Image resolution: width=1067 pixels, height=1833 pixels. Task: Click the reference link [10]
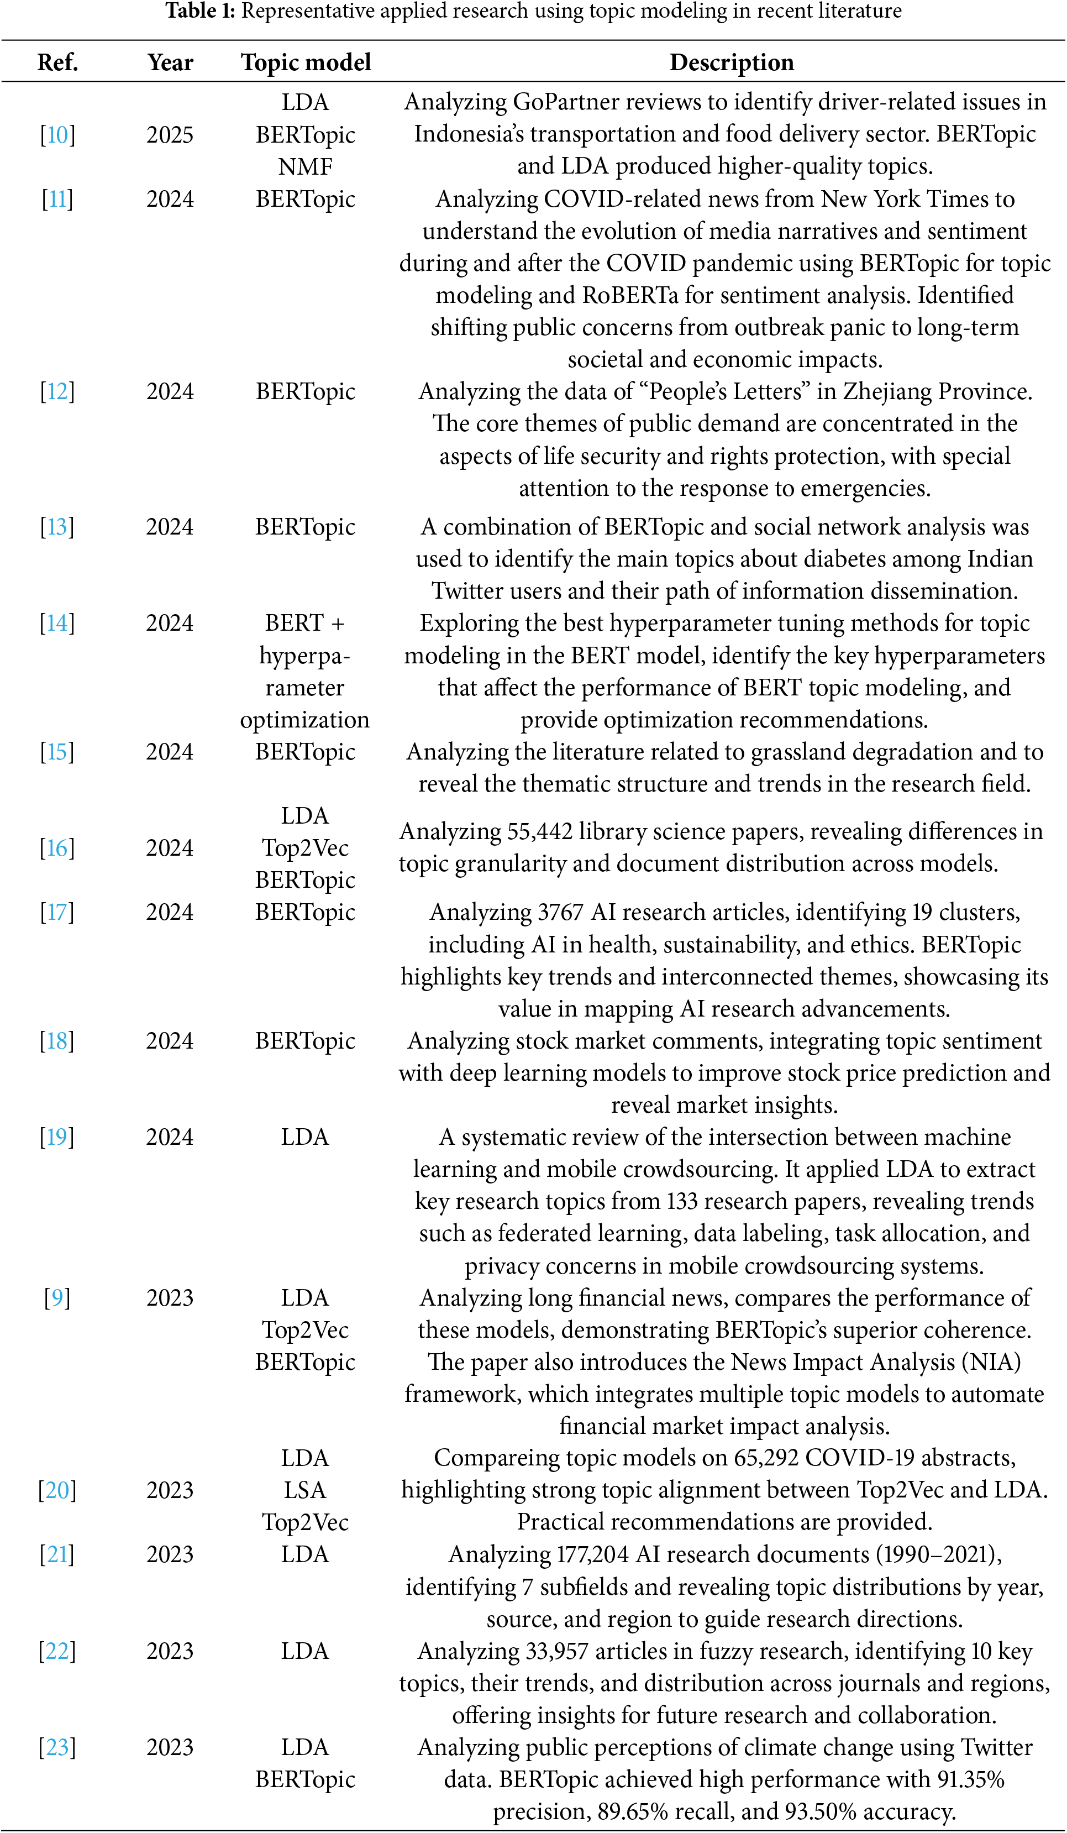pos(57,134)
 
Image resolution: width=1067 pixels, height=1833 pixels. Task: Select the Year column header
pos(170,62)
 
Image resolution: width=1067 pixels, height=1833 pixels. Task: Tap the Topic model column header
pos(306,62)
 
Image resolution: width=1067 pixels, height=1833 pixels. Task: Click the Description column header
pos(731,62)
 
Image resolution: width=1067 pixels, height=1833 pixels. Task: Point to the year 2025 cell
pos(170,134)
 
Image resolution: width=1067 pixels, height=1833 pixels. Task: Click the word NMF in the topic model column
pos(306,166)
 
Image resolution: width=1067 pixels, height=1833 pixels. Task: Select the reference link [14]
pos(57,622)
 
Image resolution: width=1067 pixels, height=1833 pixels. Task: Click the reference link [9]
pos(57,1298)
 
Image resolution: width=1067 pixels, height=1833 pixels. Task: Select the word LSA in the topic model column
pos(306,1490)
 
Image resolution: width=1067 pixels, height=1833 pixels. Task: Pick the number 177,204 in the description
pos(593,1554)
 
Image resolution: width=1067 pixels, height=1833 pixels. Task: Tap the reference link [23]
pos(57,1747)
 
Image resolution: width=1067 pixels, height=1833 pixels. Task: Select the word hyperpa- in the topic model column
pos(306,656)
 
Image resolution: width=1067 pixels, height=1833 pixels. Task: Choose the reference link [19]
pos(57,1137)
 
